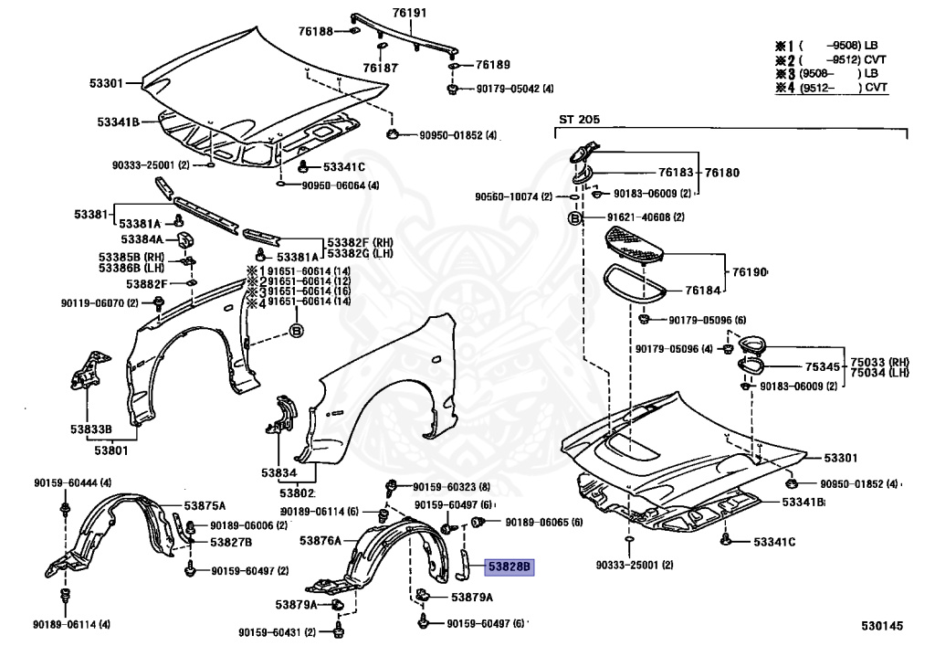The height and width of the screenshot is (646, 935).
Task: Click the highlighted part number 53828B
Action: (x=510, y=567)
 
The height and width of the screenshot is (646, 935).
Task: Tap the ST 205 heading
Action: (x=581, y=120)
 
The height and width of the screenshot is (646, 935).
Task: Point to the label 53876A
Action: (x=320, y=541)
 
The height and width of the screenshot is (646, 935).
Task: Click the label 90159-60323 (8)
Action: (x=451, y=487)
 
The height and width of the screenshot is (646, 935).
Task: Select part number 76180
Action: (x=721, y=172)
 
